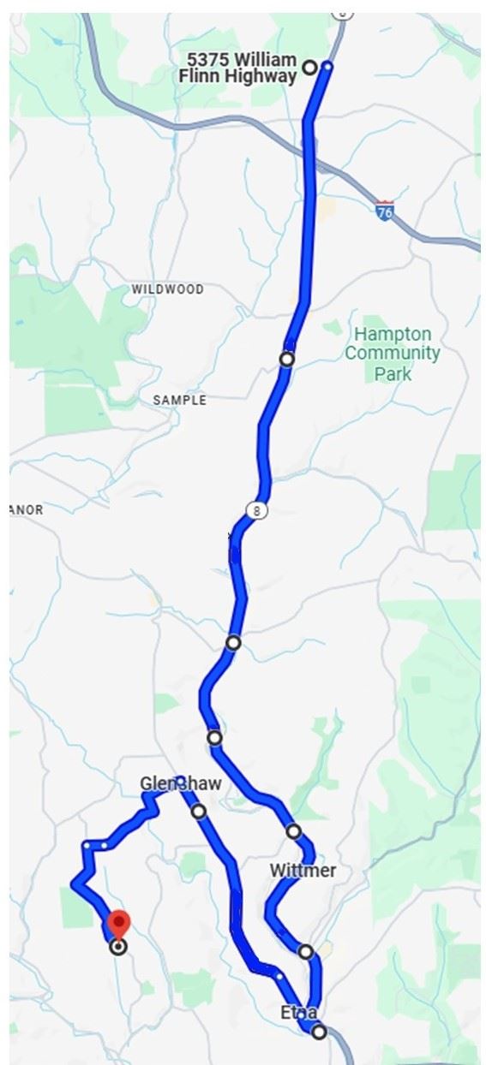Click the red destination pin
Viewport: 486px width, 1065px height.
[118, 925]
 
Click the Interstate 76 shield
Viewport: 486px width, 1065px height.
[385, 211]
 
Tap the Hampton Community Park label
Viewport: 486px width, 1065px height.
[393, 353]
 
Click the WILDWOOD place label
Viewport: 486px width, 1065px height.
[168, 289]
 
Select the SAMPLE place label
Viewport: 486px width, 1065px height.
[179, 400]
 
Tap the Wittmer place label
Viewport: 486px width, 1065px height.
[303, 871]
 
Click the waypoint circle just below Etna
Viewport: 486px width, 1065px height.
[319, 1032]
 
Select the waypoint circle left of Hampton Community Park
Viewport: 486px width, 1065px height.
[287, 359]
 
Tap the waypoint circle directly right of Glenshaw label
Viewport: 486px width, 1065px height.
[199, 811]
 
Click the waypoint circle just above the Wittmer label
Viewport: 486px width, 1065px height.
[294, 831]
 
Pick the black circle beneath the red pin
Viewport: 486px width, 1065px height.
[118, 946]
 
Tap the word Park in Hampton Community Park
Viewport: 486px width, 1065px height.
[393, 374]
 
